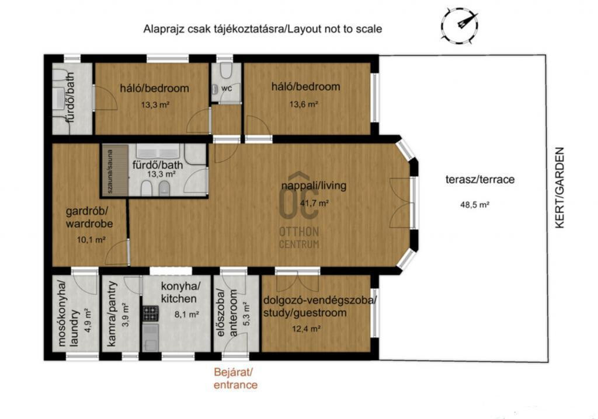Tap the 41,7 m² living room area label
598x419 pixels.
315,203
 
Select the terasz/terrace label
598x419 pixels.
480,180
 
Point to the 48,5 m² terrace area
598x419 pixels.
475,205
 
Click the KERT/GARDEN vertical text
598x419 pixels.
559,187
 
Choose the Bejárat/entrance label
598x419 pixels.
235,378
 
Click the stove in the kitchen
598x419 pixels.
151,313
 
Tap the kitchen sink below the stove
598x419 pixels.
151,337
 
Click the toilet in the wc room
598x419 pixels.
227,71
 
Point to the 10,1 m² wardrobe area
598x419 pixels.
91,240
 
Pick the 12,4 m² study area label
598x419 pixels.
306,329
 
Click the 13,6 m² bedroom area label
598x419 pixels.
304,104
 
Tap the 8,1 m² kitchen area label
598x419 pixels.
186,315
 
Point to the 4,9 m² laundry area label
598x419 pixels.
88,321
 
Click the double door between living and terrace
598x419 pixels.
402,203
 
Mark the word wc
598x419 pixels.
227,89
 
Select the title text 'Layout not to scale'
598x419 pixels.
335,29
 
